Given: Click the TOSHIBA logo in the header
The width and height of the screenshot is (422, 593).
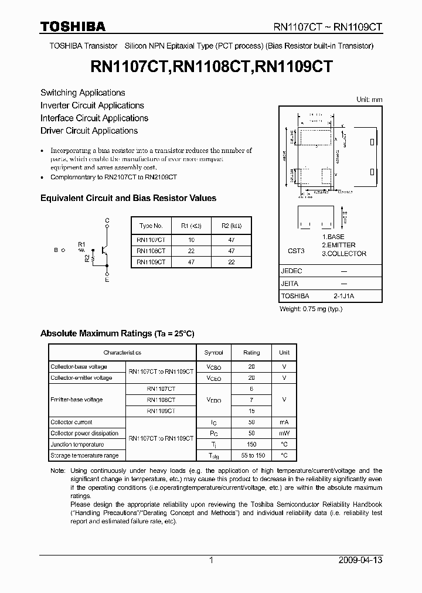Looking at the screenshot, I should (x=73, y=26).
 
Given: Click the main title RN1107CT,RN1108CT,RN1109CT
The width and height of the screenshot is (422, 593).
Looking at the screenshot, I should (x=212, y=67).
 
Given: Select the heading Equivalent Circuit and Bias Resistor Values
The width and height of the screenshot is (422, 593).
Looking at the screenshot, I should (x=128, y=198).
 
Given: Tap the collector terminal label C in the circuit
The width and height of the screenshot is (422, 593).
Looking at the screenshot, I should (x=107, y=220).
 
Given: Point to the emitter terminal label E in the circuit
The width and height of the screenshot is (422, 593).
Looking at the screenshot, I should (x=107, y=281).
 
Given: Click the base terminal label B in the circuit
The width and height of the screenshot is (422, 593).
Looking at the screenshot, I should (x=56, y=250).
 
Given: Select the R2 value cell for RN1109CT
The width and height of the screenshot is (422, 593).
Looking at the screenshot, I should (x=231, y=262).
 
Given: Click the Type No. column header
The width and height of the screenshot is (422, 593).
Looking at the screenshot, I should (x=151, y=226).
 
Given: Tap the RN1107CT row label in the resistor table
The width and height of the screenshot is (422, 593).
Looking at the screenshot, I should (x=151, y=239).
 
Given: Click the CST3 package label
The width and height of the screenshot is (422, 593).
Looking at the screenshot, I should (x=296, y=251).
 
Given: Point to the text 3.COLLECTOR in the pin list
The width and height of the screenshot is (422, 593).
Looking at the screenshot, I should (x=344, y=254).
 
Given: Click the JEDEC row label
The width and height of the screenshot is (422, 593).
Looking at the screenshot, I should (x=291, y=271).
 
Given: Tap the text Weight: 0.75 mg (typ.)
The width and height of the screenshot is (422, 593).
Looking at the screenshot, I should (x=310, y=309).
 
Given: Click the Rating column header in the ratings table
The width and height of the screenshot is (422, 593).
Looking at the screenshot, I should (x=251, y=353).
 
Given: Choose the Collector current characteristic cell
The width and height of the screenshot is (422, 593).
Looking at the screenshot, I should (x=71, y=422).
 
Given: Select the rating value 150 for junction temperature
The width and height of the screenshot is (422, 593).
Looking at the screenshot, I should (x=251, y=444).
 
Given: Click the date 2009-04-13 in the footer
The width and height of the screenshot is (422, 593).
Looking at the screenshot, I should (x=360, y=560).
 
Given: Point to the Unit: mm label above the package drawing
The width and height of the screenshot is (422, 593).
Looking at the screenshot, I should (x=369, y=100).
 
